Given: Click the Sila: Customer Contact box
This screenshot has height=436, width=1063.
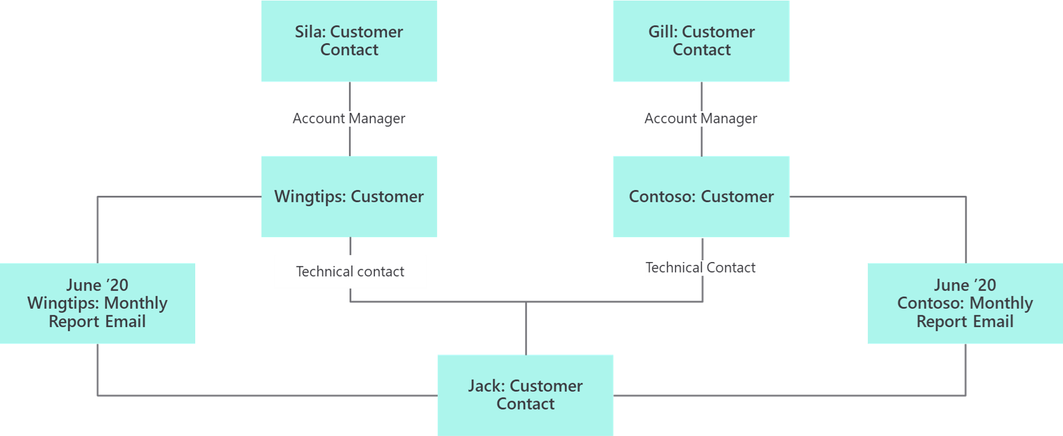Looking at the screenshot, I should pos(349,41).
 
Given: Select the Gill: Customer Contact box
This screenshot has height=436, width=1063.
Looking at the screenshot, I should pos(701,41).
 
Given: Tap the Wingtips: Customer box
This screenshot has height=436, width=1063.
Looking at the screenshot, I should pos(349,196).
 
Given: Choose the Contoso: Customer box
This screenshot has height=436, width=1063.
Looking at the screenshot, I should pos(701,196).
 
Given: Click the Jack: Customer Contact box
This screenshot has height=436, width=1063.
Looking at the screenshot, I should pos(525,395).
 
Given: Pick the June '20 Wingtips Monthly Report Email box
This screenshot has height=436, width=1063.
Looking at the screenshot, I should pos(98,303).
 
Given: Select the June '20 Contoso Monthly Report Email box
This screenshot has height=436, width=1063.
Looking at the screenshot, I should pos(965,303).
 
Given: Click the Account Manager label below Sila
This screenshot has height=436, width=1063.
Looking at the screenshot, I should pos(349,118).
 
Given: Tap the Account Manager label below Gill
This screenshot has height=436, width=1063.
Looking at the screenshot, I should pos(701,118).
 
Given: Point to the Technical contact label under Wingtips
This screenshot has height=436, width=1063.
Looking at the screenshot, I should pos(350,272).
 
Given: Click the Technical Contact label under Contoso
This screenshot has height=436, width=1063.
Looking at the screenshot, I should pos(701,267).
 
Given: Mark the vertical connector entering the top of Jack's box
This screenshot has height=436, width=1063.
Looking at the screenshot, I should pos(526,329).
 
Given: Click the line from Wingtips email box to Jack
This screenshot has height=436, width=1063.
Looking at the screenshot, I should pos(266,395).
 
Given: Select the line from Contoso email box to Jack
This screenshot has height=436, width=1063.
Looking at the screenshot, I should pos(787,395).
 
